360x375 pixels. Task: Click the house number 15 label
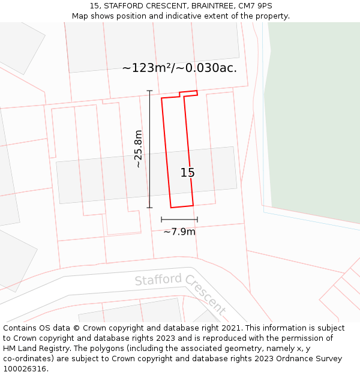tap(187, 173)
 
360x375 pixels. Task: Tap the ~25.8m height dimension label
tap(139, 149)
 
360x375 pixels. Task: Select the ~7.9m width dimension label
tap(179, 232)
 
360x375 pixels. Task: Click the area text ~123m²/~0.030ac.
tap(179, 68)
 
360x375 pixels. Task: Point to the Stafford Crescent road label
tap(179, 292)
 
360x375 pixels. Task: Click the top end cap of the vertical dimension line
tap(149, 91)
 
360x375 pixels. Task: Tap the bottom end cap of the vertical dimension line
tap(149, 208)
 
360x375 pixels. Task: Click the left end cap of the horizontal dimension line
tap(161, 220)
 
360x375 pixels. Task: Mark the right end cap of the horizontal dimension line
tap(197, 220)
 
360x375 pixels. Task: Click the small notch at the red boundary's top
tap(181, 95)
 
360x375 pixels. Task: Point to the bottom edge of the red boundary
tap(182, 206)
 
